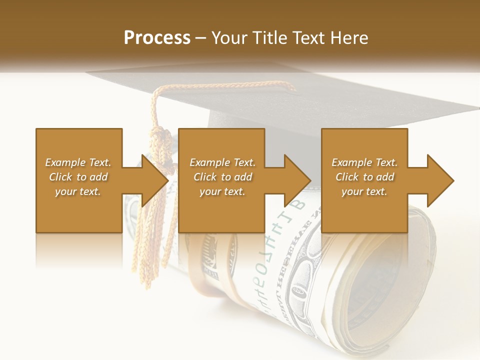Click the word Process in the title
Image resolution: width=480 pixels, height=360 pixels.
click(x=157, y=38)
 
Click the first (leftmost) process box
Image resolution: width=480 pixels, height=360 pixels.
click(x=79, y=180)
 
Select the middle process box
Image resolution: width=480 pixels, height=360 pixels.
click(x=221, y=180)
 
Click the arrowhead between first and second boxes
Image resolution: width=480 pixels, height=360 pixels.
click(x=154, y=180)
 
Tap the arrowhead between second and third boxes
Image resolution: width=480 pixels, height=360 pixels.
click(x=297, y=180)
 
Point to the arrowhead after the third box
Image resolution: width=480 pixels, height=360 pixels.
click(x=440, y=180)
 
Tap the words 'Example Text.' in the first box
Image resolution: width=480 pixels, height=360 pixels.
click(x=78, y=162)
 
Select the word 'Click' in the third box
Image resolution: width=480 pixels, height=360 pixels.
click(x=346, y=177)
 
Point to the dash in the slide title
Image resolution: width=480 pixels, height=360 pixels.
click(x=201, y=38)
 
